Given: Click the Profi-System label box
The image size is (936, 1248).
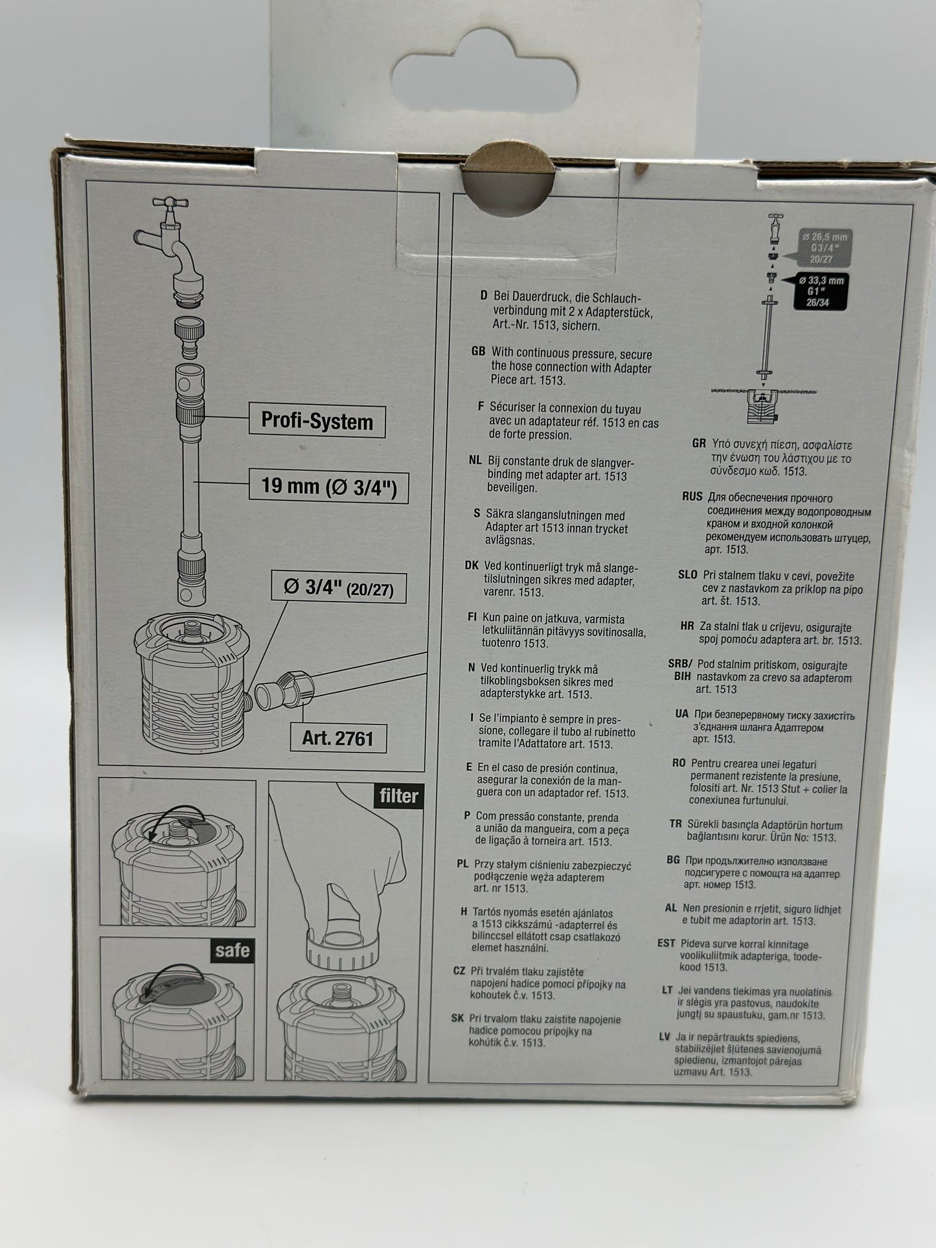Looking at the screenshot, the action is (x=317, y=421).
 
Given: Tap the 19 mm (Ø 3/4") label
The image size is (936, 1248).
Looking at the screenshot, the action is (x=328, y=486).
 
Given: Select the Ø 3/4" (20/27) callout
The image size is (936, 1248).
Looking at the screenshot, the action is (x=339, y=587).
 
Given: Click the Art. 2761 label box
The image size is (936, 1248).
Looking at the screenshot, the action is (x=337, y=738).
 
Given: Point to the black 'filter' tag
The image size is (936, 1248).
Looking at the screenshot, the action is (x=398, y=795).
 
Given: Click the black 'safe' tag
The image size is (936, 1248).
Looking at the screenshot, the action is (x=232, y=950).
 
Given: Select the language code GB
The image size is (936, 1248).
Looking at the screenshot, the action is (x=478, y=351).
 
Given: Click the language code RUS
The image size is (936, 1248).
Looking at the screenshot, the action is (x=692, y=497).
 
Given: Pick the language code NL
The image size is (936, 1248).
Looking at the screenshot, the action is (x=475, y=460).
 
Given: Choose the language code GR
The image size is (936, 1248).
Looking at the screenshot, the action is (x=698, y=444).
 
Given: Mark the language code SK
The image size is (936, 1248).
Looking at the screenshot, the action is (x=457, y=1018).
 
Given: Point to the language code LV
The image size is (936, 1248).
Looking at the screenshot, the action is (x=664, y=1037).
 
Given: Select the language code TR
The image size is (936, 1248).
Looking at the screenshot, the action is (x=676, y=824).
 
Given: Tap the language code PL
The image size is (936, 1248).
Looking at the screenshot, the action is (x=462, y=863).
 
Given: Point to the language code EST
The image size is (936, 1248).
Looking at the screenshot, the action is (x=666, y=944).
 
